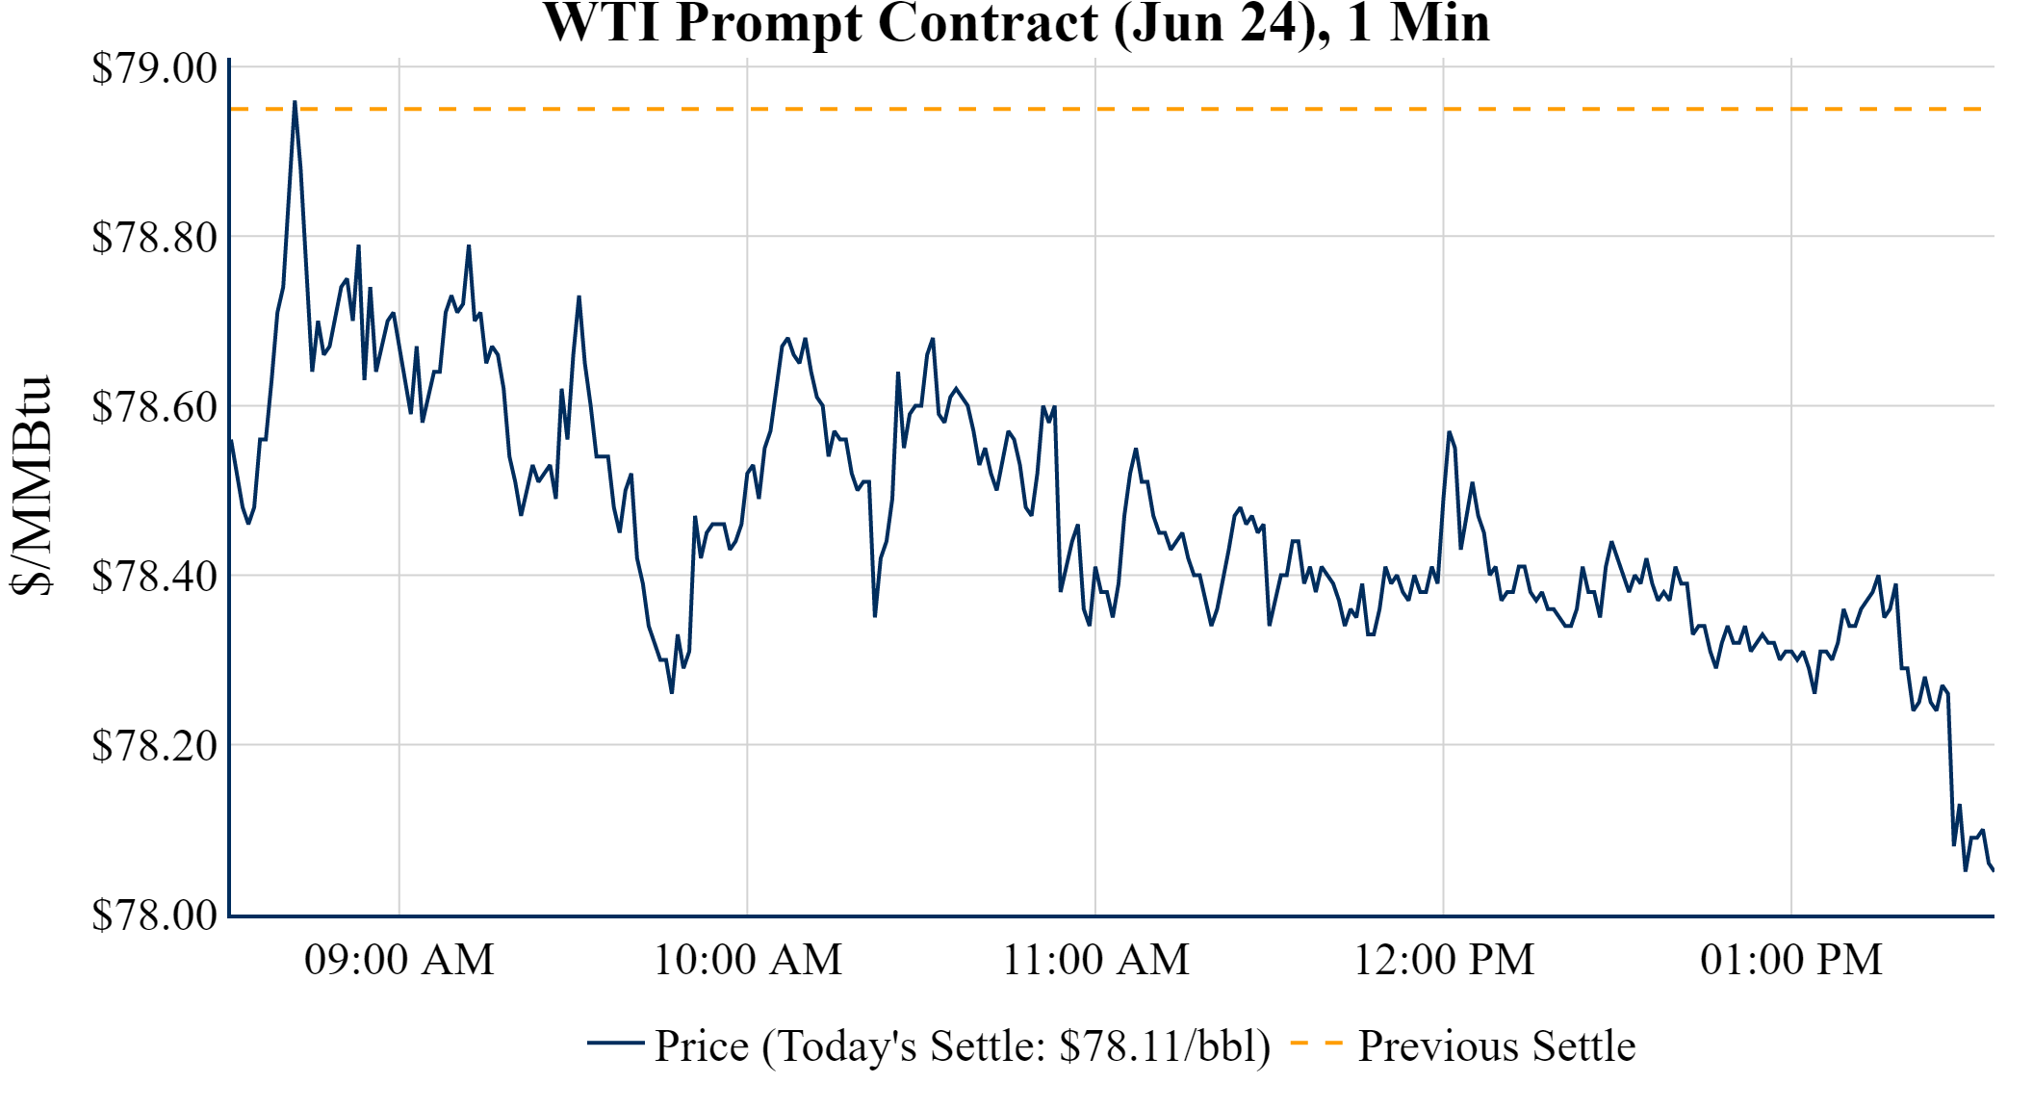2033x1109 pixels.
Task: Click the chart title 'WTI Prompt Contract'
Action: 1016,23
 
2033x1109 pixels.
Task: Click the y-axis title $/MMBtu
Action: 31,486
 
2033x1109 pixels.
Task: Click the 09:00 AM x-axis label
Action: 399,960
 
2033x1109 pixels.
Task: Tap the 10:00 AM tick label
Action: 748,960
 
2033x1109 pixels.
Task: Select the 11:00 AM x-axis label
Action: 1096,960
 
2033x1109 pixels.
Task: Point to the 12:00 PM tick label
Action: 1444,960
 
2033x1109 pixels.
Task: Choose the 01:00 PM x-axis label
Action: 1791,960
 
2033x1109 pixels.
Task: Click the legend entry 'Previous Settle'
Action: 1497,1046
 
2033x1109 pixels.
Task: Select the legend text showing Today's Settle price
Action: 963,1046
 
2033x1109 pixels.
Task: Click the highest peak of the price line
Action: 295,102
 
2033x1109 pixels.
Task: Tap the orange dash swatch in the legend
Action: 1316,1044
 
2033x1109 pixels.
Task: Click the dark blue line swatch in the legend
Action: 616,1044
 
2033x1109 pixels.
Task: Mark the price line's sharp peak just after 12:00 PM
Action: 1449,432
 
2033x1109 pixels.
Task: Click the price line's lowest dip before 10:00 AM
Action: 672,692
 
